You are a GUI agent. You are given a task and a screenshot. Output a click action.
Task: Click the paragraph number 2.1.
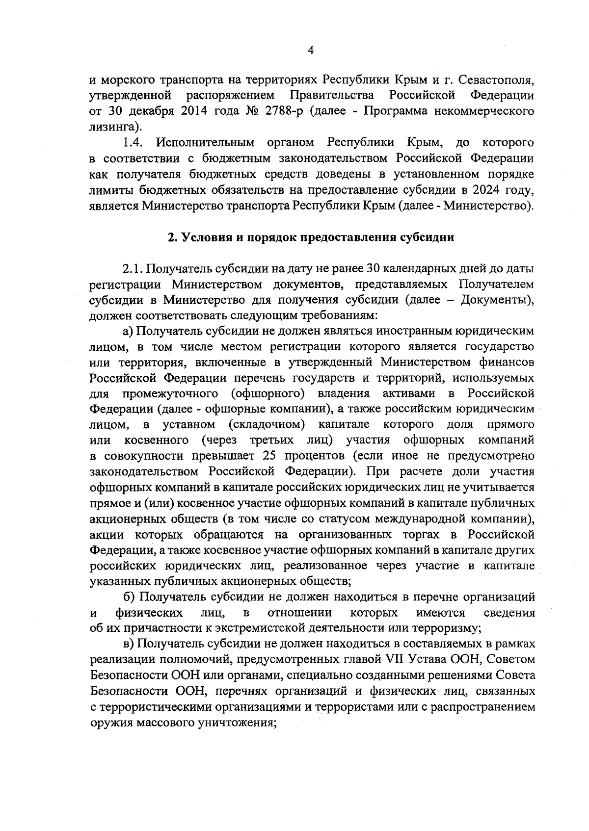tap(132, 268)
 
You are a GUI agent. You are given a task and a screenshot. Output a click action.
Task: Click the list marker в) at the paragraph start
tap(129, 644)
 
